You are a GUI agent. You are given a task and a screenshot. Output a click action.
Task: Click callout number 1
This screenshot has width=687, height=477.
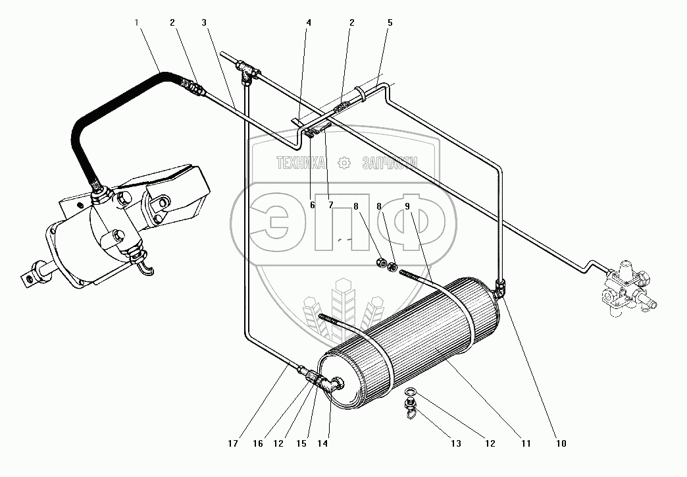137,22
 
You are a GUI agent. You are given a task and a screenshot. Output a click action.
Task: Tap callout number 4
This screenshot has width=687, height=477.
308,22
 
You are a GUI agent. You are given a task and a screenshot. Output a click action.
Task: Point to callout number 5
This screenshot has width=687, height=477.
390,22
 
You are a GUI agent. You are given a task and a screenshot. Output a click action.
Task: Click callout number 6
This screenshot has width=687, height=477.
312,205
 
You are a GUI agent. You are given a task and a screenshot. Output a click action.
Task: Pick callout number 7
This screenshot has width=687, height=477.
330,205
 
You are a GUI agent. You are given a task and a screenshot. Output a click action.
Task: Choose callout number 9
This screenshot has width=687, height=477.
407,206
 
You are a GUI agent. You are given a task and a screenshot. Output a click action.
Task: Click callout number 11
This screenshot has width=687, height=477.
524,443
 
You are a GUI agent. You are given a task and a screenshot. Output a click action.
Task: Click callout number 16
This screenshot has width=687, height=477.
258,443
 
